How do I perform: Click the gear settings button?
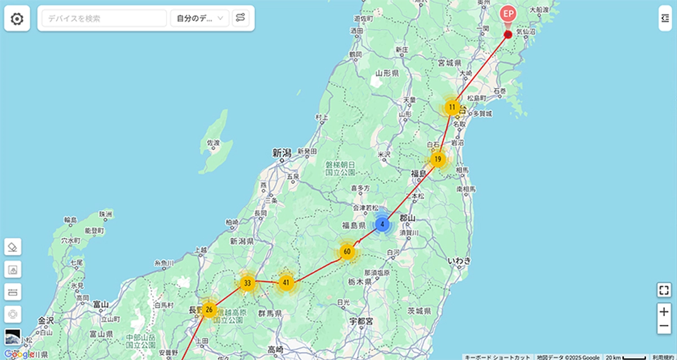pyautogui.click(x=17, y=19)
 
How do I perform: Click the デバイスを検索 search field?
pyautogui.click(x=104, y=19)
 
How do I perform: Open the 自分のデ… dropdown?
pyautogui.click(x=200, y=19)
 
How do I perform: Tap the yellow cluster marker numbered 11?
pyautogui.click(x=452, y=107)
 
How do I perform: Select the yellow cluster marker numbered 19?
pyautogui.click(x=438, y=159)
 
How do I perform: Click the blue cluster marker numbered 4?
pyautogui.click(x=383, y=224)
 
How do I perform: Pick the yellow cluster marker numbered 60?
pyautogui.click(x=347, y=251)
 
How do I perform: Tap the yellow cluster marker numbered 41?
pyautogui.click(x=287, y=282)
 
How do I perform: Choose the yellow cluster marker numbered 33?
pyautogui.click(x=247, y=282)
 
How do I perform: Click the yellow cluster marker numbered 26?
pyautogui.click(x=209, y=309)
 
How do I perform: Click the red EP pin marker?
pyautogui.click(x=508, y=14)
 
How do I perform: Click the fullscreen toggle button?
pyautogui.click(x=664, y=291)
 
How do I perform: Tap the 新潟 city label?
pyautogui.click(x=281, y=153)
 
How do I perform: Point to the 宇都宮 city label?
pyautogui.click(x=361, y=321)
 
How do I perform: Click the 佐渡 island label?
pyautogui.click(x=213, y=143)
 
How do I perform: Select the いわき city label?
pyautogui.click(x=458, y=260)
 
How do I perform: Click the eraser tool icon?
pyautogui.click(x=12, y=247)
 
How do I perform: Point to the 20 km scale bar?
pyautogui.click(x=625, y=357)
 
